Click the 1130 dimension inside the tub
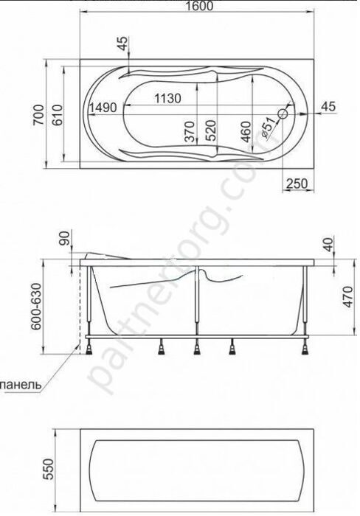coord(170,98)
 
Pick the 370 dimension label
coord(191,130)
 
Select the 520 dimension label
coord(211,130)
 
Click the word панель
coord(22,384)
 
